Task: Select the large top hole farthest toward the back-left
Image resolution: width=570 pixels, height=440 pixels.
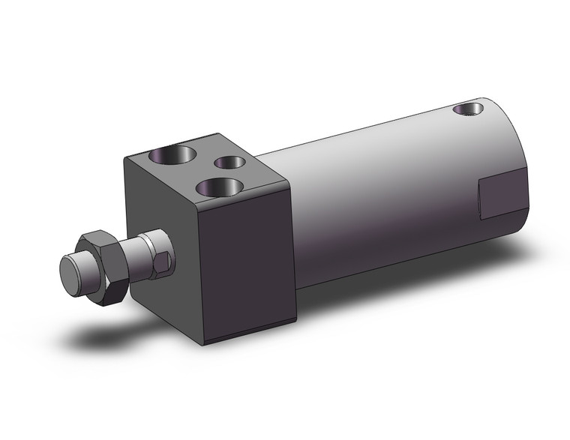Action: coord(172,155)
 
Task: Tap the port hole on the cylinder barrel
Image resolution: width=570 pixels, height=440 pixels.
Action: coord(468,109)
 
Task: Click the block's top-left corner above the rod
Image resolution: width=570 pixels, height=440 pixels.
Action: coord(126,156)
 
